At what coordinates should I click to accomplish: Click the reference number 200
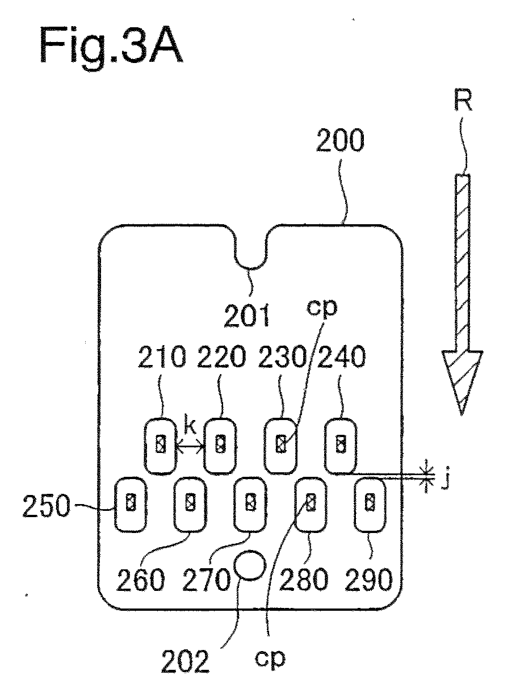pyautogui.click(x=340, y=140)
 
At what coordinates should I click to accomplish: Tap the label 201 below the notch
pyautogui.click(x=246, y=316)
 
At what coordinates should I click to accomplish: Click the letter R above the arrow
pyautogui.click(x=463, y=100)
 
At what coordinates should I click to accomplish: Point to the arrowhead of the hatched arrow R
pyautogui.click(x=462, y=383)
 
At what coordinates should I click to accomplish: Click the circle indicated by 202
pyautogui.click(x=250, y=565)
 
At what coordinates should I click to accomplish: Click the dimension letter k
pyautogui.click(x=190, y=424)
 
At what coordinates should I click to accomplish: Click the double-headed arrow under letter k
pyautogui.click(x=190, y=447)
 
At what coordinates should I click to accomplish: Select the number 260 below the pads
pyautogui.click(x=141, y=580)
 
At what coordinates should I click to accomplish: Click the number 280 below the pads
pyautogui.click(x=304, y=580)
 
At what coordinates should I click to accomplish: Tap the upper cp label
pyautogui.click(x=321, y=308)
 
